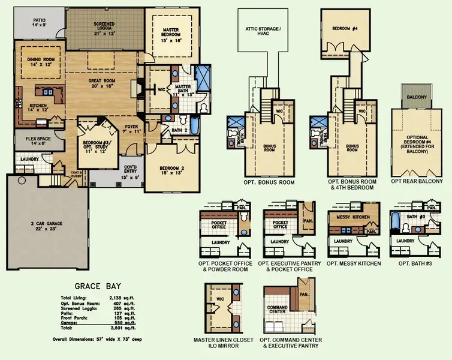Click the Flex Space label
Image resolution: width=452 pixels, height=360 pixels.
click(29, 141)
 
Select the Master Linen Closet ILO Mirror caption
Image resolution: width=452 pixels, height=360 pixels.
click(224, 344)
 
